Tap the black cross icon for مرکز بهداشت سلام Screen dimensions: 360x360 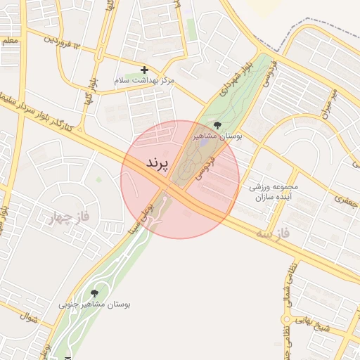click(144, 70)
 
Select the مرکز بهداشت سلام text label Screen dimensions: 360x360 click(144, 82)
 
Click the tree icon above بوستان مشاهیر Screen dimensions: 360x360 click(217, 125)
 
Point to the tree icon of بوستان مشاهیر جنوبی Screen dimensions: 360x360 click(95, 292)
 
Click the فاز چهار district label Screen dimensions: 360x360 click(67, 216)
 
